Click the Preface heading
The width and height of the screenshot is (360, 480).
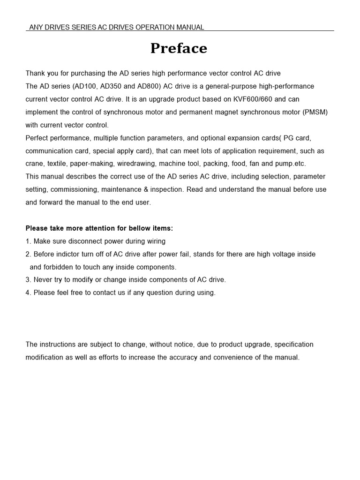[x=179, y=49]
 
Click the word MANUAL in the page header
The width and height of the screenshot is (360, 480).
[x=189, y=27]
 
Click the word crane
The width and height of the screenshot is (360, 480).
[x=35, y=164]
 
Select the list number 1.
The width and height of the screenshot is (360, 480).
[x=28, y=241]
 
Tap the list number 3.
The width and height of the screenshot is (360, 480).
[x=28, y=280]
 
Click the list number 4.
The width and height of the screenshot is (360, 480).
[x=28, y=293]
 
